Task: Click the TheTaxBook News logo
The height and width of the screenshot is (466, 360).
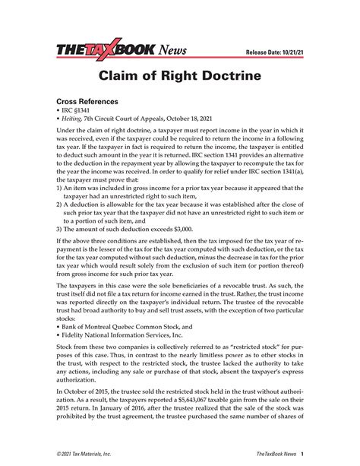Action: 121,51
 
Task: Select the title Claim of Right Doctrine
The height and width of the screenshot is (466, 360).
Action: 180,77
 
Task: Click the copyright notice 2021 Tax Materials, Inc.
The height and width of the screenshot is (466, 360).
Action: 86,453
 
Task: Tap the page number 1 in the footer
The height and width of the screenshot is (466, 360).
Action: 302,453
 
